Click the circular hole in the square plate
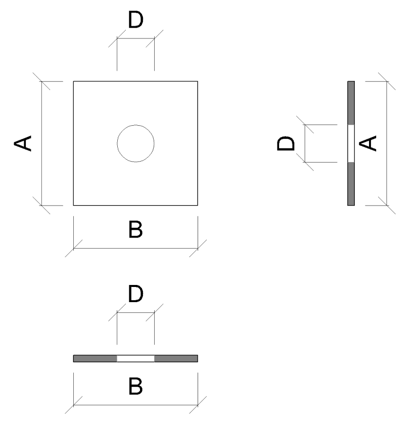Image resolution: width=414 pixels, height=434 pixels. pos(135,143)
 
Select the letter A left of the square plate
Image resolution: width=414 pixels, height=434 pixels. pos(23,143)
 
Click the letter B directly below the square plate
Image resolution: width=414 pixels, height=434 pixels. pos(135,230)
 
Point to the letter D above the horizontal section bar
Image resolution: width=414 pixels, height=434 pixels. pos(135,295)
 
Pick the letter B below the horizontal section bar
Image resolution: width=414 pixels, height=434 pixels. pos(135,387)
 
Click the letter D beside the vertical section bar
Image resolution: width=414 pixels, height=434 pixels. pos(286,143)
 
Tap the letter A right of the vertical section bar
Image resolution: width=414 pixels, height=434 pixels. pos(370,143)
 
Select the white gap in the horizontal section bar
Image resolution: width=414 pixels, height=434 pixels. pos(135,359)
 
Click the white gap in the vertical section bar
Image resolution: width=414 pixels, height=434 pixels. pos(351,143)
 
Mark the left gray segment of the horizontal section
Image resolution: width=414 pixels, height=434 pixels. pos(96,359)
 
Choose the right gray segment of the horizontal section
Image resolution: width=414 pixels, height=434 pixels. pos(176,359)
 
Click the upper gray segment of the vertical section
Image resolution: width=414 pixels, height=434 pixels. pos(351,103)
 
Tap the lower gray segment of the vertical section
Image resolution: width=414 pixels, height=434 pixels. pos(351,184)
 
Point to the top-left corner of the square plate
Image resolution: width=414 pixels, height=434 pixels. pos(74,81)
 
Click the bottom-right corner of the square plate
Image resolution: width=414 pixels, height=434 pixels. pos(197,205)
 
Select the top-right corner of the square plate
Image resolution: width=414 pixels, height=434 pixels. pos(197,81)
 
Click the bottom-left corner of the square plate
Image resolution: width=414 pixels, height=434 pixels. pos(74,205)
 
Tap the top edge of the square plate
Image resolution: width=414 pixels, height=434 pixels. pos(135,81)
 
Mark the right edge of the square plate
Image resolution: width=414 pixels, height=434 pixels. pos(197,143)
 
